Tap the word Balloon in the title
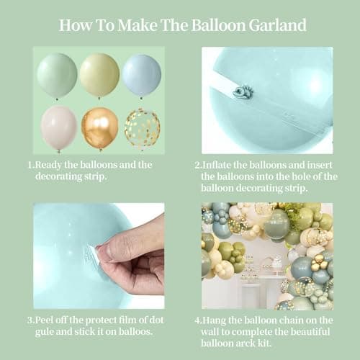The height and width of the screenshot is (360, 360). pyautogui.click(x=212, y=25)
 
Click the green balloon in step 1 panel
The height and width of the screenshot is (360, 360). pyautogui.click(x=57, y=74)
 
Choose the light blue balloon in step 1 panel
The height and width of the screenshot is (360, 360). pyautogui.click(x=141, y=74)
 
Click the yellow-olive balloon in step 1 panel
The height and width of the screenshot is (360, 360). pyautogui.click(x=99, y=74)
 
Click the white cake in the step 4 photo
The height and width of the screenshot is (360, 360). pyautogui.click(x=276, y=264)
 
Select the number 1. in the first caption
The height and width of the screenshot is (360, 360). pyautogui.click(x=32, y=164)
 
